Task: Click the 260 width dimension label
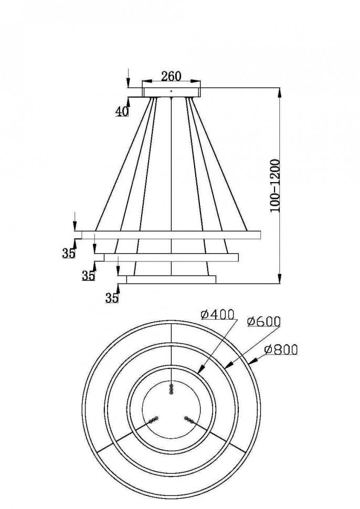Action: (171, 76)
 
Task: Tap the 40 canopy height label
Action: (122, 111)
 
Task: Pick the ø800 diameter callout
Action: (281, 349)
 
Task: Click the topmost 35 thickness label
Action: (68, 253)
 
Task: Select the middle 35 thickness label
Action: (88, 275)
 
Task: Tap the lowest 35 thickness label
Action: (111, 298)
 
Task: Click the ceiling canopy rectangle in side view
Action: (171, 92)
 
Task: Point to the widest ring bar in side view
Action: (168, 235)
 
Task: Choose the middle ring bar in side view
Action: (171, 257)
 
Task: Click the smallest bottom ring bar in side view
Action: (171, 280)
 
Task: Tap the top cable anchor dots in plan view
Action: (172, 389)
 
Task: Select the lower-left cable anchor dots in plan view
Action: (153, 419)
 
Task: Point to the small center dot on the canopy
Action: (171, 91)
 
